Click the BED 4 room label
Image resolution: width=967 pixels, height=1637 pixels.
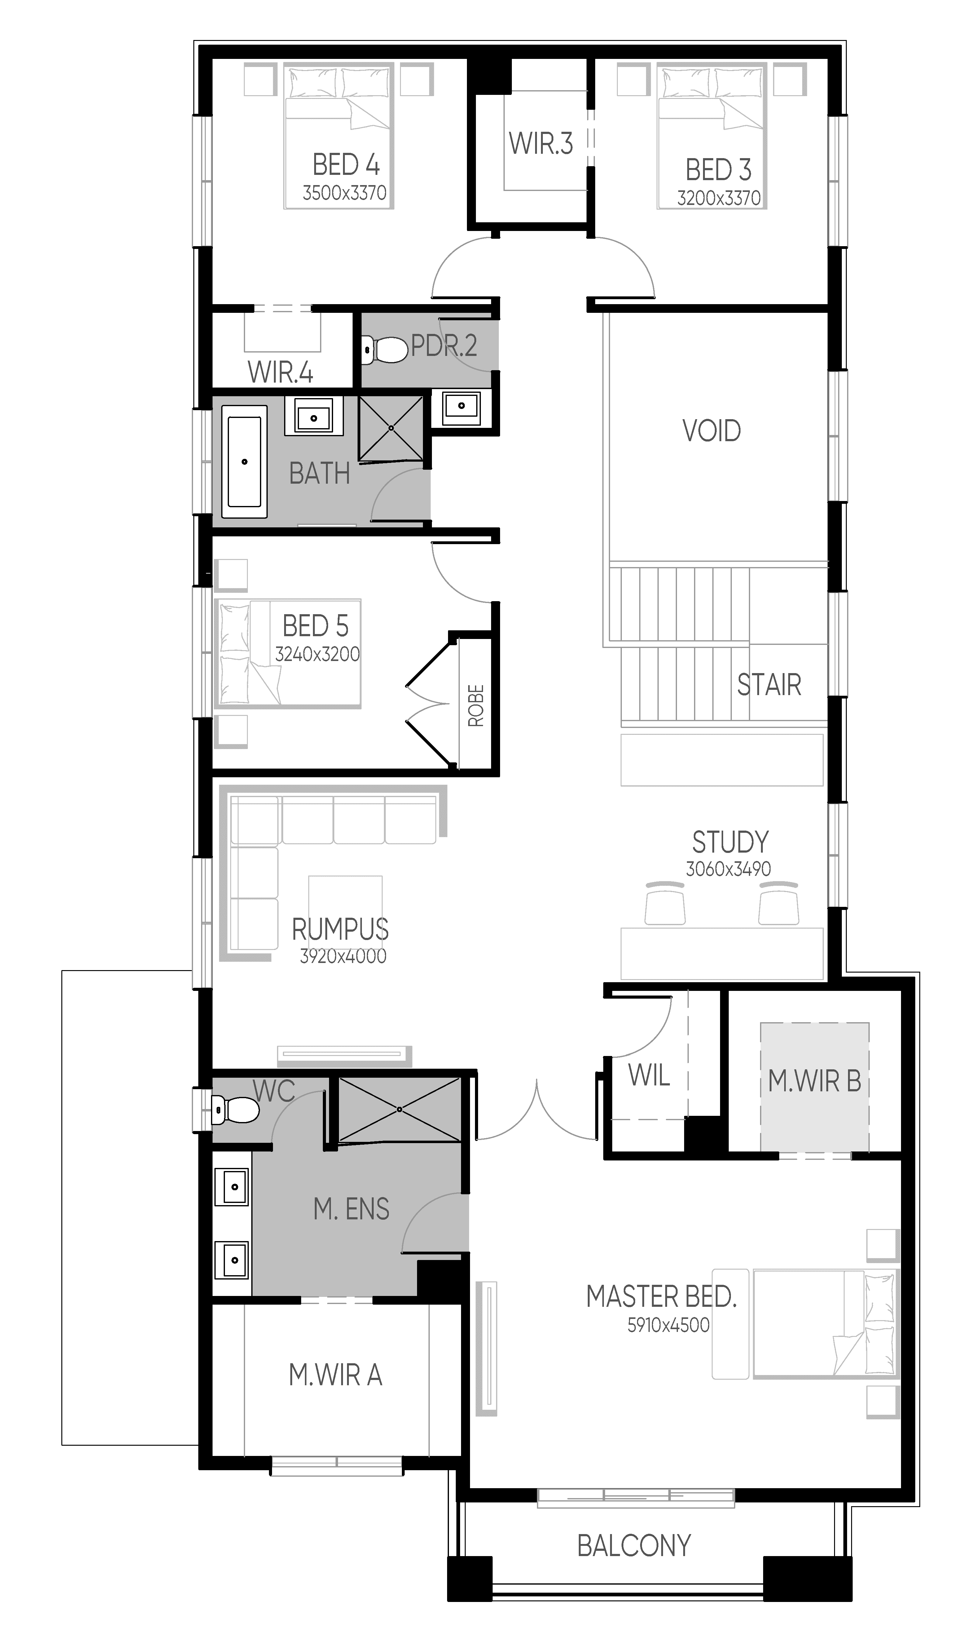[346, 165]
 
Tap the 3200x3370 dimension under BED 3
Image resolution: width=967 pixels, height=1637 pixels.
[719, 198]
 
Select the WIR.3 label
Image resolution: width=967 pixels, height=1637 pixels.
[541, 144]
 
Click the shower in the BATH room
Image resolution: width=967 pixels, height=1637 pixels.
[391, 428]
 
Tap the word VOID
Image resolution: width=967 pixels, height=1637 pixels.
[712, 431]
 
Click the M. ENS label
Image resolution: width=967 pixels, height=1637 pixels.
[351, 1209]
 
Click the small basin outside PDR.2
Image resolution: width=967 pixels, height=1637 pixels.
[461, 406]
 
